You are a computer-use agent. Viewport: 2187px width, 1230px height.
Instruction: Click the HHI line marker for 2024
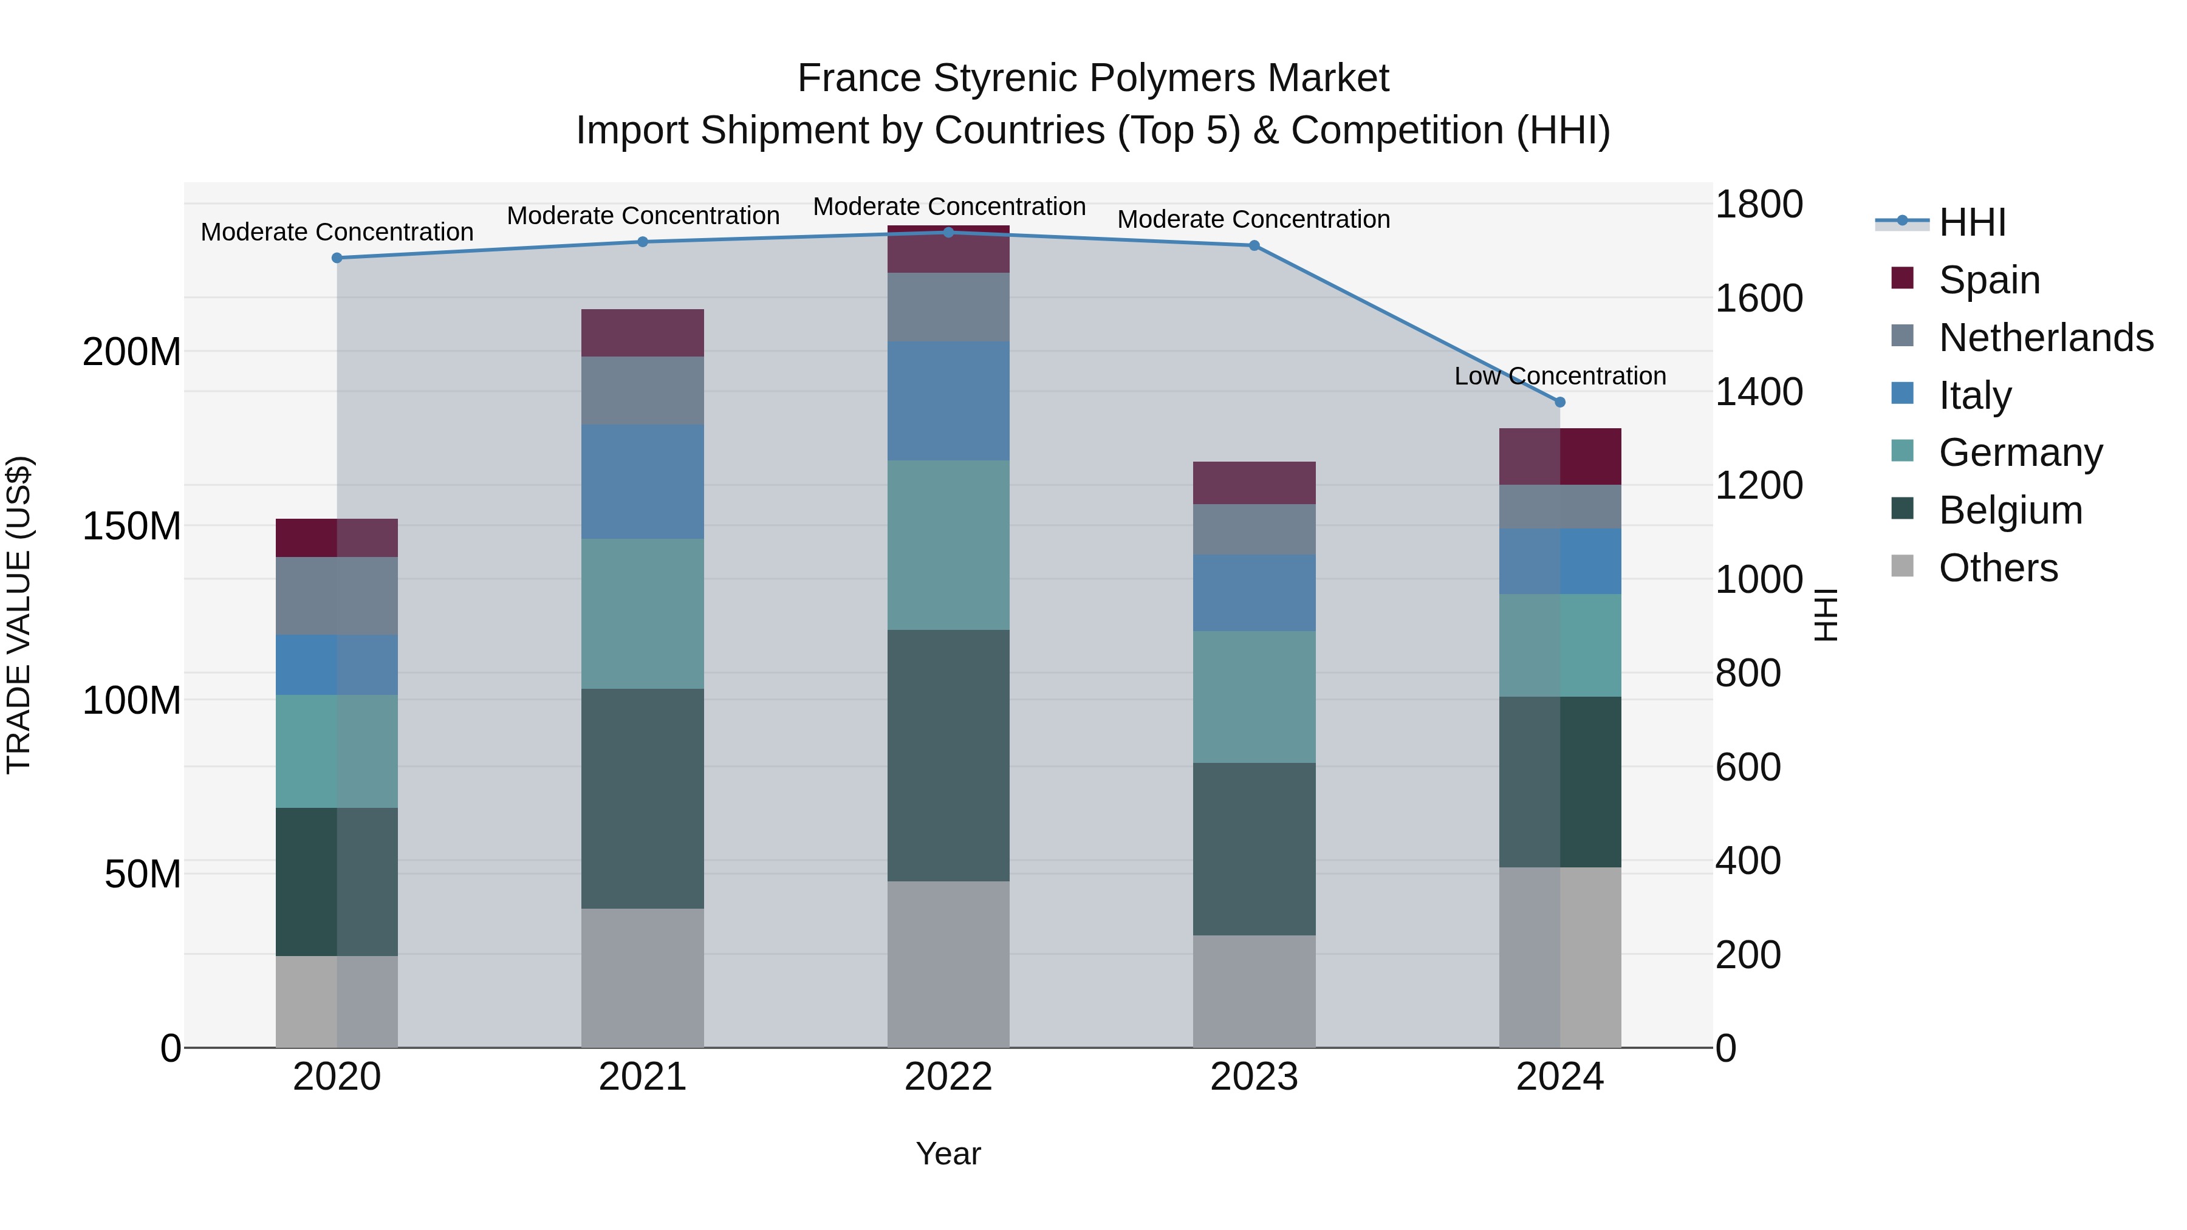(1559, 402)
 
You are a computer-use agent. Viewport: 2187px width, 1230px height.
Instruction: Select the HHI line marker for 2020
(337, 258)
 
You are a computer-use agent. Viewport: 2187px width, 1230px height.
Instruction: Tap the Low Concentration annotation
(1559, 376)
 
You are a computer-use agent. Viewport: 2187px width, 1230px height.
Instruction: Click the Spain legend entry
(1989, 280)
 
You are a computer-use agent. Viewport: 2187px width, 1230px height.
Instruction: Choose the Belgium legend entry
(2010, 510)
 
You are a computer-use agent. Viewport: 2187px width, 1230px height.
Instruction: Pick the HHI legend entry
(1972, 222)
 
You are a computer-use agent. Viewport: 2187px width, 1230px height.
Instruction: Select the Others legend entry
(1997, 568)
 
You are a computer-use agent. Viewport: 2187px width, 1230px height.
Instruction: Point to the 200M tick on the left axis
(132, 352)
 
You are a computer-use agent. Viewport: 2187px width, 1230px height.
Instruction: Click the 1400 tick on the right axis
(1758, 392)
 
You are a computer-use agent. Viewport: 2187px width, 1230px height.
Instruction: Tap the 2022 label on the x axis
(948, 1077)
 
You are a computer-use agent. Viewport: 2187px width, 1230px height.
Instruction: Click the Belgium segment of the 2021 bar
(643, 798)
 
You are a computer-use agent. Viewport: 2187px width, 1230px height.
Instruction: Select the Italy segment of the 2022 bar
(948, 401)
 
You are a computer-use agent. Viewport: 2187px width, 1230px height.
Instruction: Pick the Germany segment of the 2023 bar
(1254, 697)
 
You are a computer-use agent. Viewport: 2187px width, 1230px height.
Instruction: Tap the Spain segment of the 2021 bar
(643, 333)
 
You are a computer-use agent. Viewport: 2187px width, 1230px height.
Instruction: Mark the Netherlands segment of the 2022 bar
(948, 307)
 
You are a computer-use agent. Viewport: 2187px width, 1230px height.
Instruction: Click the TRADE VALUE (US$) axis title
(19, 615)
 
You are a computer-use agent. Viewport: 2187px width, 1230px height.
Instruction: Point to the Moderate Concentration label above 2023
(1253, 219)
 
